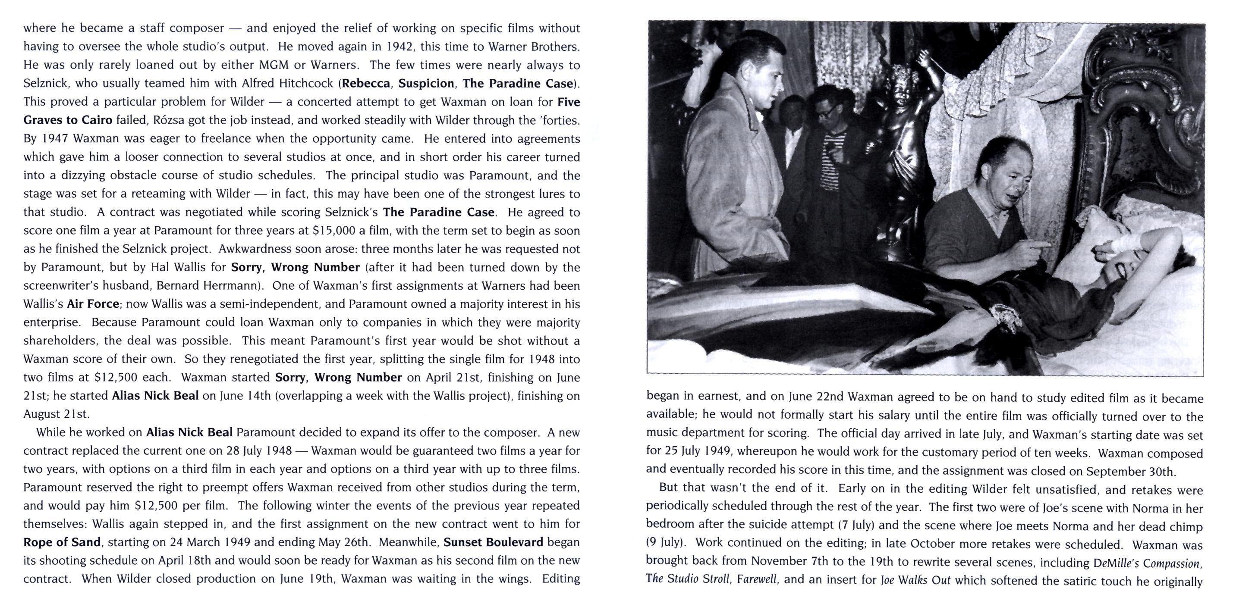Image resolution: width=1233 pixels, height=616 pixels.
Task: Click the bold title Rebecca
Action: tap(366, 84)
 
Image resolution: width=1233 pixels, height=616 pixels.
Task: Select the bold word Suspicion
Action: tap(426, 84)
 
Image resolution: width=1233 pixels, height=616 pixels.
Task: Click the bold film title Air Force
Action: tap(93, 304)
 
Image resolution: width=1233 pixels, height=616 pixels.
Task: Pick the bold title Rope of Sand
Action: tap(62, 542)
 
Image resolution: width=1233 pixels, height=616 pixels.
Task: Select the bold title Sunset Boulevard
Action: tap(493, 542)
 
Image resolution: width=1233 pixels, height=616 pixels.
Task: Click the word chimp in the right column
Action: tap(1186, 527)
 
